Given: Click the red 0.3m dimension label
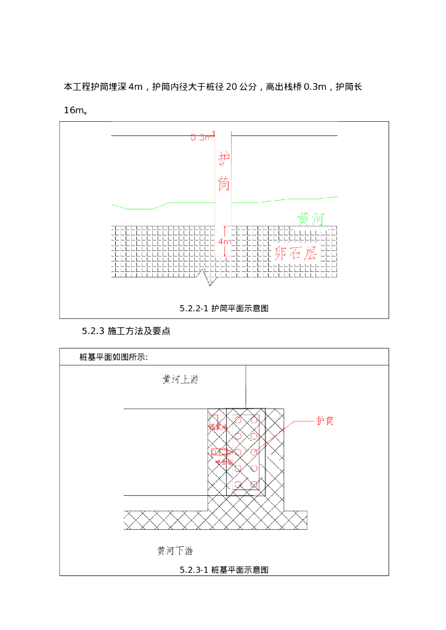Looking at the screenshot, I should (x=201, y=138).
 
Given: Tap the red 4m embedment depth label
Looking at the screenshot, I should (x=224, y=242).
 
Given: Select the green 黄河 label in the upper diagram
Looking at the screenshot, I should (x=310, y=220).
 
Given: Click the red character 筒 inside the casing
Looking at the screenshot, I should (x=224, y=183).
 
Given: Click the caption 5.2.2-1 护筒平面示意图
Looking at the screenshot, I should (x=224, y=309).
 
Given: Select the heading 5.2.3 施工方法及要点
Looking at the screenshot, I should (x=126, y=332).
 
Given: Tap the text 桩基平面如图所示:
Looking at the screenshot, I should (x=114, y=357).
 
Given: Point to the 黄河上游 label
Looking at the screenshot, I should (x=180, y=380).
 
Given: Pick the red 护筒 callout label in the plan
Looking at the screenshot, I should (x=325, y=421).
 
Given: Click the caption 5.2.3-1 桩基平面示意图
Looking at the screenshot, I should (x=224, y=570).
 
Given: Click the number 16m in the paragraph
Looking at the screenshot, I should (x=75, y=111).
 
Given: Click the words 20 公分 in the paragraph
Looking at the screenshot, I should (x=241, y=87).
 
